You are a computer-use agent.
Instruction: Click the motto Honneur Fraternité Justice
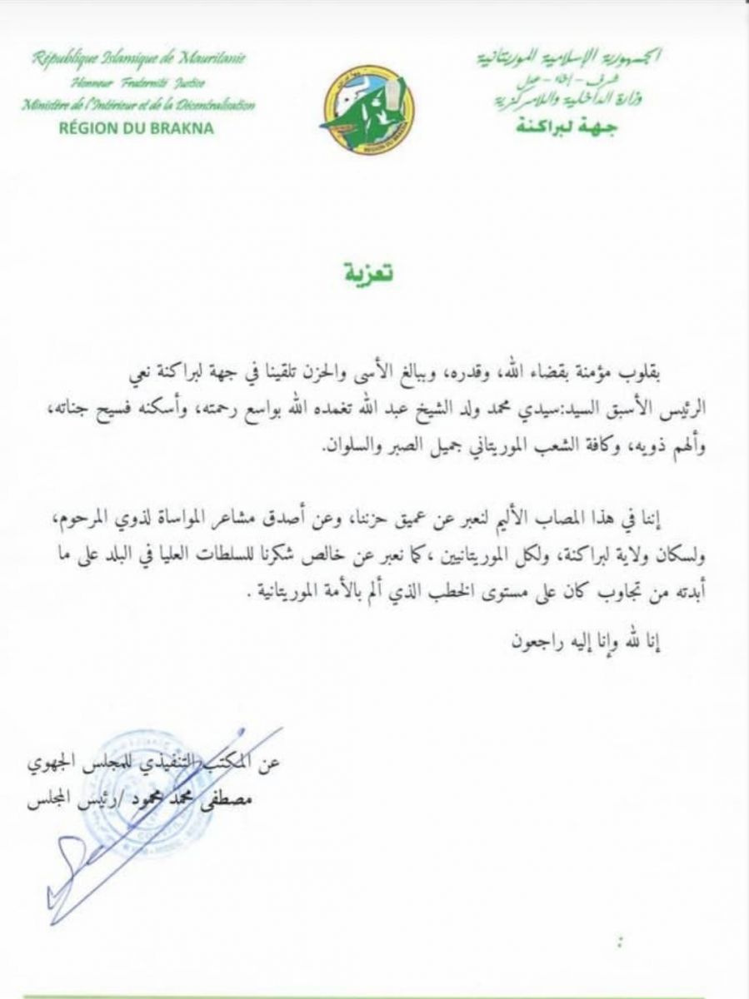(x=139, y=83)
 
